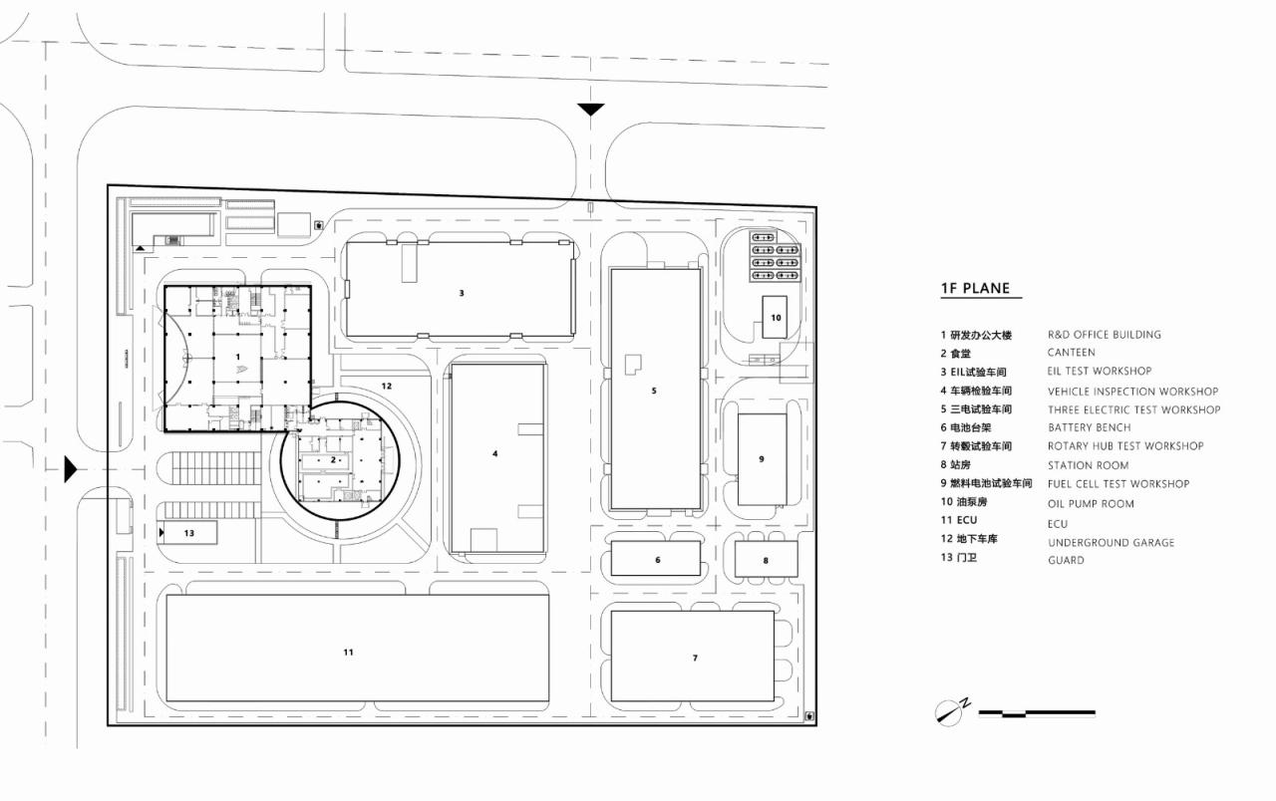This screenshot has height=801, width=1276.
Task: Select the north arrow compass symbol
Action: click(951, 712)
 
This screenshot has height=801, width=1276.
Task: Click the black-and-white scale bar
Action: click(1037, 713)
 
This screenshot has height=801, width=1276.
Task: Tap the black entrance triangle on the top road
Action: click(591, 109)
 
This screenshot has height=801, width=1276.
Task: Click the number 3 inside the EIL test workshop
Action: click(462, 293)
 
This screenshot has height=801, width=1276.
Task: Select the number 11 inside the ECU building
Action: click(348, 653)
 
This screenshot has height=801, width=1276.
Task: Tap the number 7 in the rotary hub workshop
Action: click(695, 658)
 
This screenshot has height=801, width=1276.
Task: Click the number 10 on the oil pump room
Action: click(777, 318)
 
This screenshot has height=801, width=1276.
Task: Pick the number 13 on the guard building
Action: click(188, 533)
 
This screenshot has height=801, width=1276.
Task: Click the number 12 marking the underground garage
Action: click(386, 386)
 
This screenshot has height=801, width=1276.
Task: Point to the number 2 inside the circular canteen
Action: click(333, 460)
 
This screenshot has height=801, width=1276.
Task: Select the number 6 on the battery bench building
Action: click(658, 560)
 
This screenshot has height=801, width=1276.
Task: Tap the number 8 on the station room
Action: click(766, 560)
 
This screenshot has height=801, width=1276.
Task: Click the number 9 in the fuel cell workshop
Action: click(761, 459)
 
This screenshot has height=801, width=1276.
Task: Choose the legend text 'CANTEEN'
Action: click(1071, 353)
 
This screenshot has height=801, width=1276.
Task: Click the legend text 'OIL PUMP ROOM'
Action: click(1091, 504)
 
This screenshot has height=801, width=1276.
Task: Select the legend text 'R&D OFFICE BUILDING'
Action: click(1104, 335)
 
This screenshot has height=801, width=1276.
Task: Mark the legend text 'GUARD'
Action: click(1066, 560)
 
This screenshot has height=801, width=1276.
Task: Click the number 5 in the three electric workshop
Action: click(654, 391)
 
